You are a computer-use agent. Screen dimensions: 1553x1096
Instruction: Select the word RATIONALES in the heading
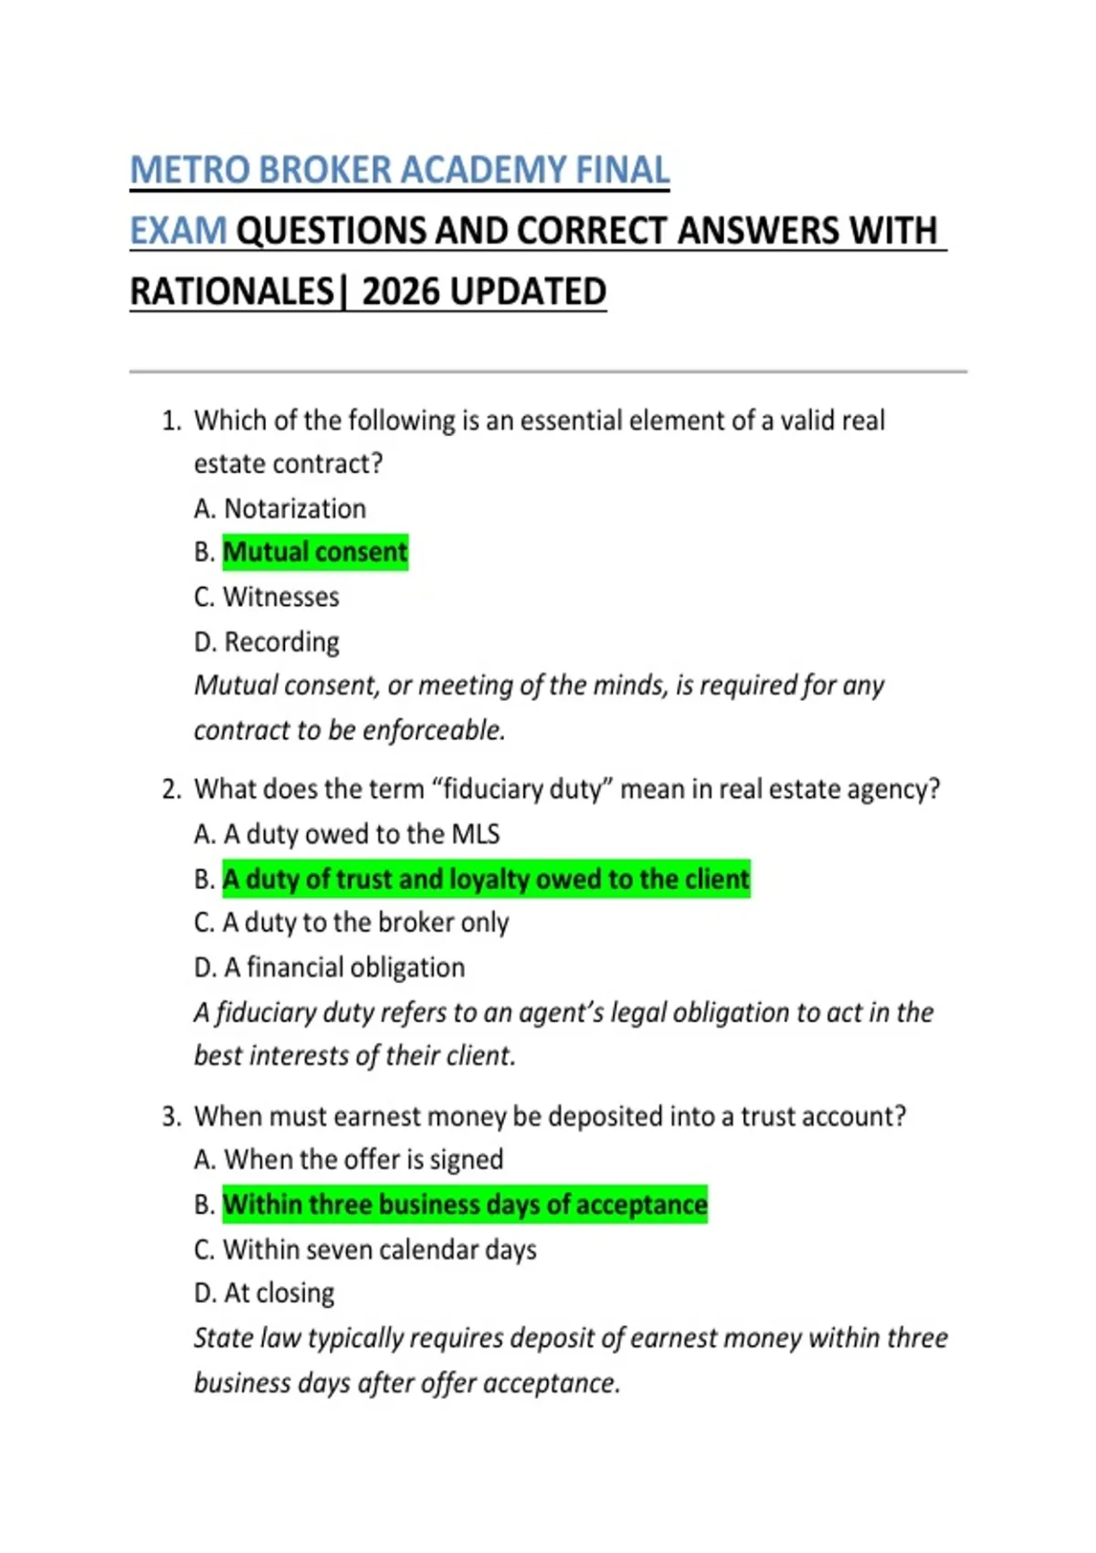tap(233, 292)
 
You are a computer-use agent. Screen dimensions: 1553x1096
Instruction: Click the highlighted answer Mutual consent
tap(315, 553)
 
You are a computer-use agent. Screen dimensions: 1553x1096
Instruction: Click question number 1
tap(171, 421)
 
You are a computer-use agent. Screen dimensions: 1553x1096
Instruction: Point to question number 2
tap(171, 789)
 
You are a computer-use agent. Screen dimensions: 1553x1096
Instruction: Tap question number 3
tap(171, 1116)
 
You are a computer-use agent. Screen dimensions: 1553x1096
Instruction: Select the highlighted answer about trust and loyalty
tap(486, 879)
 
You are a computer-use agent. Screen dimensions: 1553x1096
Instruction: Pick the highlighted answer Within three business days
tap(465, 1205)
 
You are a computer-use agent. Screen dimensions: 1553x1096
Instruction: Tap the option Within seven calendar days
tap(379, 1250)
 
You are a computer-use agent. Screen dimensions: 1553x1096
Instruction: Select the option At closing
tap(279, 1294)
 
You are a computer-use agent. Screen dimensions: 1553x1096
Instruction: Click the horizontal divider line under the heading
tap(548, 372)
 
